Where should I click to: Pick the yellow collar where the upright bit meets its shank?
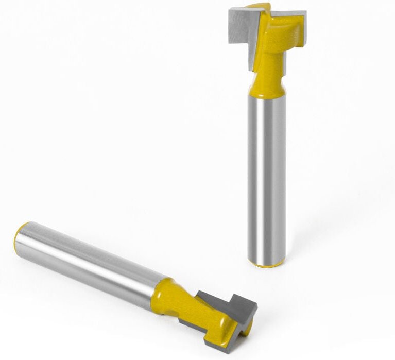click(x=266, y=89)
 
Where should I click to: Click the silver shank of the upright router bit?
click(x=266, y=175)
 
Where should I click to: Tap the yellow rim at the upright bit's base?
click(x=266, y=264)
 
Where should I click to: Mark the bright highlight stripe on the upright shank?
click(x=261, y=175)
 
